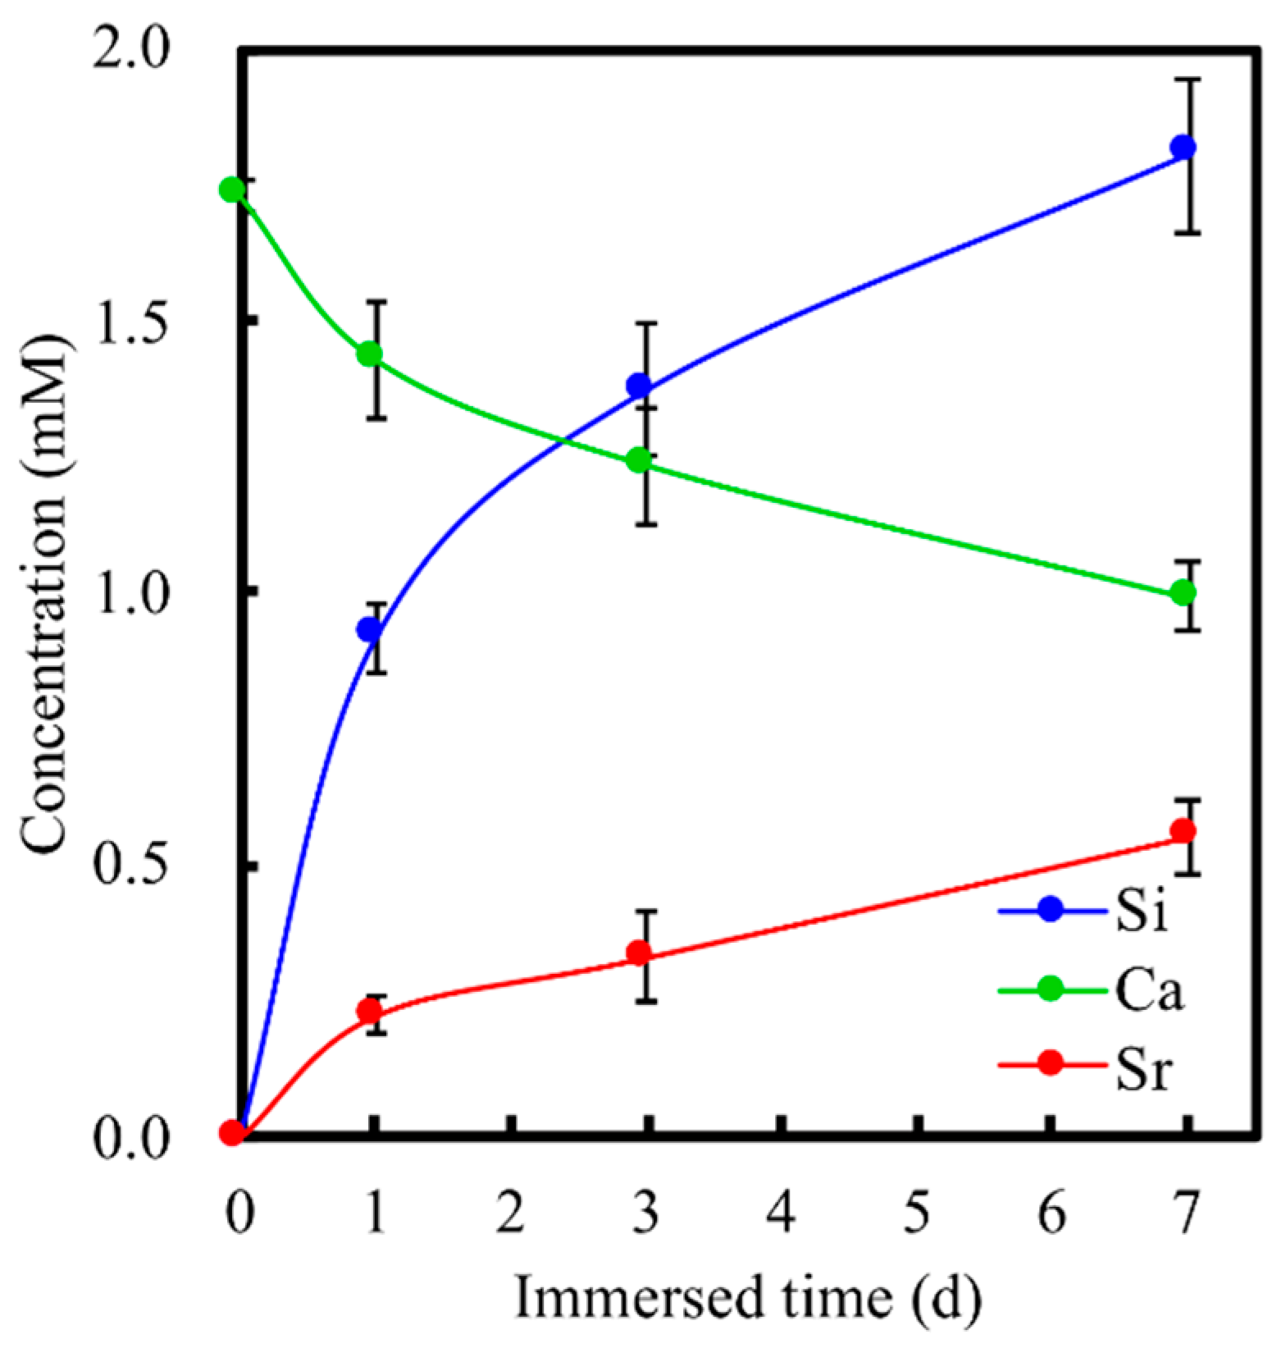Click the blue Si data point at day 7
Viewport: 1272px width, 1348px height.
[1182, 148]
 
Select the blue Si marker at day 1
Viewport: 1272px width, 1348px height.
[370, 630]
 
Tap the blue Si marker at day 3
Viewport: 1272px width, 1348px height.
[640, 385]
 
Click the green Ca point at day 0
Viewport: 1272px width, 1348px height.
[232, 190]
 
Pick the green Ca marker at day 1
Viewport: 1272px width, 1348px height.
[370, 354]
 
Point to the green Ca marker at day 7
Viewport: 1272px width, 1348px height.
[1182, 592]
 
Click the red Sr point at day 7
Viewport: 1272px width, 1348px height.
[1182, 831]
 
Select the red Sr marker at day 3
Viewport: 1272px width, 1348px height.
[640, 953]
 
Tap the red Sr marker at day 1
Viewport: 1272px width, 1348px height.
[371, 1010]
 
